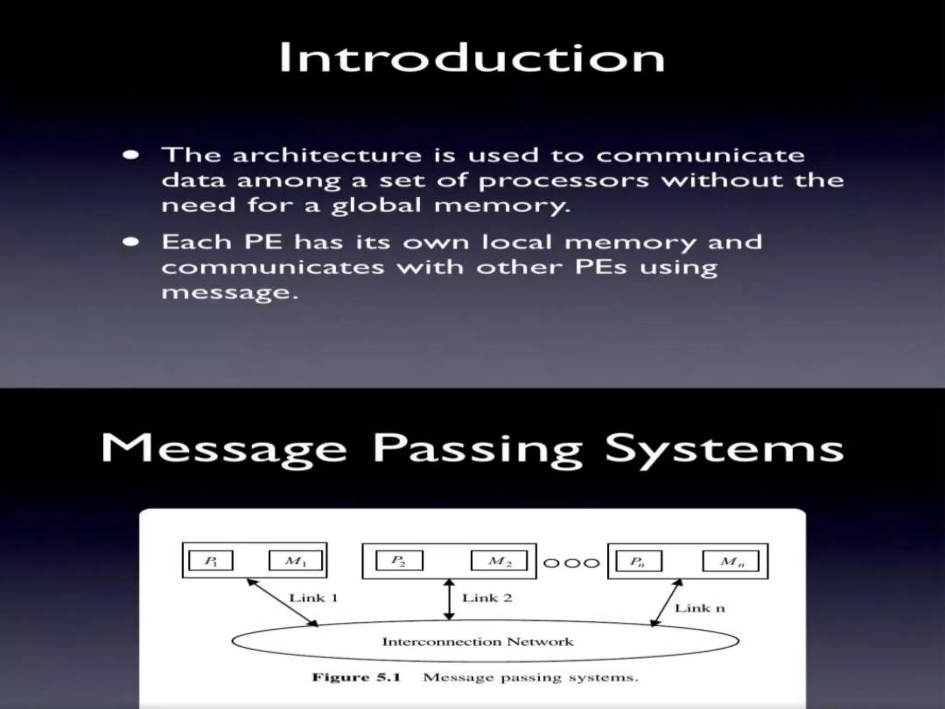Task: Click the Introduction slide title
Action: (x=472, y=58)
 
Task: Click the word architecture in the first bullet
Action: (x=327, y=155)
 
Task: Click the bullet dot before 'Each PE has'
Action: (x=131, y=242)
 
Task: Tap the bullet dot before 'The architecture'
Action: (x=131, y=155)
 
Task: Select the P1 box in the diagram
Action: (x=211, y=561)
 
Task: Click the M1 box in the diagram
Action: (x=296, y=561)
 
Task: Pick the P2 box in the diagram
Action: (x=399, y=561)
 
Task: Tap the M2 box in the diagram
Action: (x=499, y=561)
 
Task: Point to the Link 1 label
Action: (x=314, y=598)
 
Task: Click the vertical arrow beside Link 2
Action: (x=449, y=600)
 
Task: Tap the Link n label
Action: (x=700, y=608)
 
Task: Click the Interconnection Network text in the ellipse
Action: (x=478, y=642)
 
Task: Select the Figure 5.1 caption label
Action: (x=356, y=678)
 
